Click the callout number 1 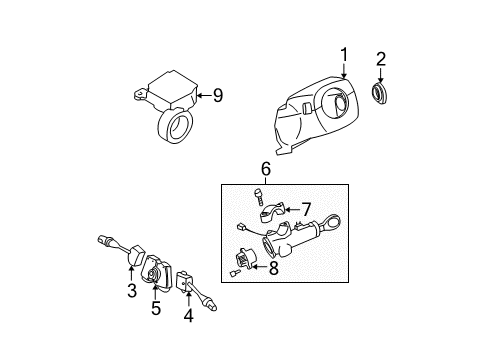[x=344, y=55]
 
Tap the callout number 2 [x=381, y=59]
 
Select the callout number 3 [x=132, y=290]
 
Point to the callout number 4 [x=189, y=315]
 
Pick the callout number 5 [x=156, y=308]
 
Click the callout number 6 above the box [x=266, y=169]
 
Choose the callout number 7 [x=306, y=210]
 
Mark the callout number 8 [x=274, y=268]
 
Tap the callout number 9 [x=218, y=96]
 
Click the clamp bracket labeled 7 [x=272, y=213]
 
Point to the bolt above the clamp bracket [x=258, y=197]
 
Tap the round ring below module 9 [x=175, y=124]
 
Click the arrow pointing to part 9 [x=205, y=96]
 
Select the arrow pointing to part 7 [x=292, y=210]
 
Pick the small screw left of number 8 [x=235, y=273]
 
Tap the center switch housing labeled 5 [x=157, y=274]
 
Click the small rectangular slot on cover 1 [x=307, y=108]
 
